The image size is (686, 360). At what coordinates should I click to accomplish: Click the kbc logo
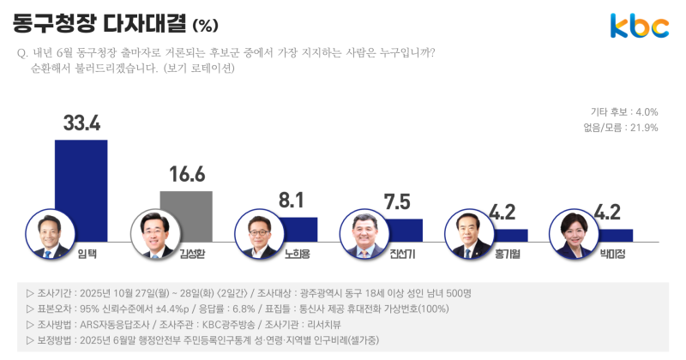(639, 26)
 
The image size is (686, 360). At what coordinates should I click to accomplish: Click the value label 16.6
(186, 175)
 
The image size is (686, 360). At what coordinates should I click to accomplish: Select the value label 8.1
(292, 201)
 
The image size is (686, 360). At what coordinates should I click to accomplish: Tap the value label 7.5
(396, 202)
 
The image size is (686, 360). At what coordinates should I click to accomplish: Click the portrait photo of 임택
(49, 234)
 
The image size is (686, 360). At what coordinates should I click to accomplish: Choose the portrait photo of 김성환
(153, 234)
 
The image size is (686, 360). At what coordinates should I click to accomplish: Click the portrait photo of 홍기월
(469, 234)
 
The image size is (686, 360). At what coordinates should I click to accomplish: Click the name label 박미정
(616, 254)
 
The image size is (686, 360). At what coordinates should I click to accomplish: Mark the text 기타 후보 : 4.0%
(624, 112)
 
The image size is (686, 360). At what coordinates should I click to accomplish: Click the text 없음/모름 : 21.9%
(620, 128)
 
